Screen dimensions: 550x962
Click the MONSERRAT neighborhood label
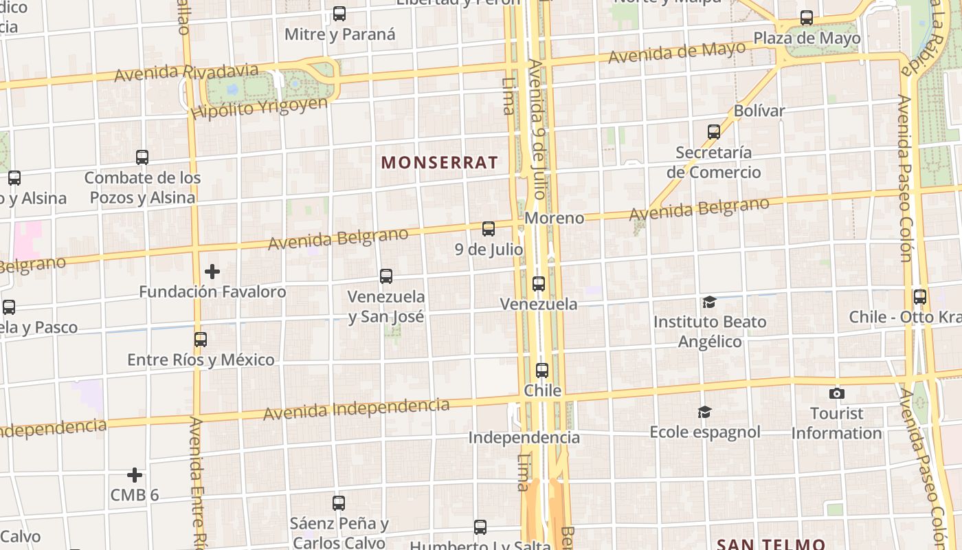439,163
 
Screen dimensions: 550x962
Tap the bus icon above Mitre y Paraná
339,14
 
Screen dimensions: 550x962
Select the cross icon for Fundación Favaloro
212,272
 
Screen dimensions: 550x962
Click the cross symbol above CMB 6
135,475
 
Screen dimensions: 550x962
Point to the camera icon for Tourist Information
836,393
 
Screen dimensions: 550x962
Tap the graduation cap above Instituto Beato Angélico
709,302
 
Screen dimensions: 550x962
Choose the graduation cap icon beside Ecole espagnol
704,412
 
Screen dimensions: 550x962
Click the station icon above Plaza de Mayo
807,18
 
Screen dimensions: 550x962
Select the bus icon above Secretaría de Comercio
714,131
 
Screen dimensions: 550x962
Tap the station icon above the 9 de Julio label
489,229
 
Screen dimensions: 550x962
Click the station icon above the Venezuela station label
539,283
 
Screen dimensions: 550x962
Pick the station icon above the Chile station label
542,371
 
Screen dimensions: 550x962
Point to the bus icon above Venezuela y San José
386,276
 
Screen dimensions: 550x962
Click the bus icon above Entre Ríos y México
200,340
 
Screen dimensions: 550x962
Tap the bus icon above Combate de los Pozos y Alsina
142,157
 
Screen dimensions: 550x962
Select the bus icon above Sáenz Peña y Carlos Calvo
339,503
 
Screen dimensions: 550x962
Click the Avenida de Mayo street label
677,52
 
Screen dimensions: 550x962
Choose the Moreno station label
555,218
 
